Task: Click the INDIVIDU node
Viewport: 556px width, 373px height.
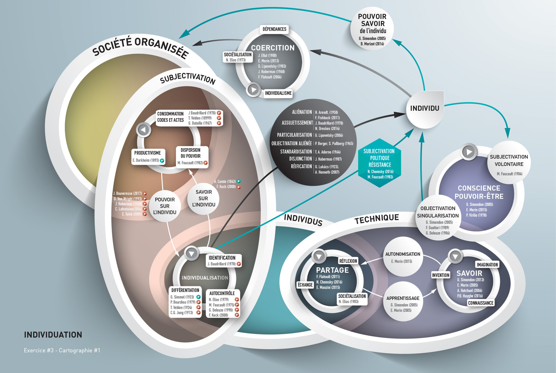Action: [x=425, y=109]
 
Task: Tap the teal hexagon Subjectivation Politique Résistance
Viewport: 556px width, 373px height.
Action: [x=380, y=163]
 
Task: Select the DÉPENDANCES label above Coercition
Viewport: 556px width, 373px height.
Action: [x=274, y=29]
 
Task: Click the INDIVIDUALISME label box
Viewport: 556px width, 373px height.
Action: [x=278, y=93]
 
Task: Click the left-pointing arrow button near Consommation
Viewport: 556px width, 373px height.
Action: [x=144, y=130]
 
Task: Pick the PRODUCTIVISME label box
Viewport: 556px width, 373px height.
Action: [x=148, y=153]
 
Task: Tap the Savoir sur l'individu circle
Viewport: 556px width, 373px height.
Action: [x=203, y=198]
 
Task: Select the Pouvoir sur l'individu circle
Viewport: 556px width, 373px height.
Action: [x=165, y=206]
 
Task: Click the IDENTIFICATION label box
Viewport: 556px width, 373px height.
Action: [x=222, y=258]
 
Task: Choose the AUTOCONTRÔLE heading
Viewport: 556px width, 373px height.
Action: [x=222, y=293]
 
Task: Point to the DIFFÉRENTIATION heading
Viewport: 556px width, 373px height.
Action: [x=185, y=290]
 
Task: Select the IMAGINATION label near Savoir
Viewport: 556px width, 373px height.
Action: [x=487, y=265]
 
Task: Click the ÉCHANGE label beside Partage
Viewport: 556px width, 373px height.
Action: [x=305, y=285]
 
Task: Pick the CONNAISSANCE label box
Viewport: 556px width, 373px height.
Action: [x=481, y=303]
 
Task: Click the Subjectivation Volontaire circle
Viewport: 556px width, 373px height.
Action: [x=509, y=163]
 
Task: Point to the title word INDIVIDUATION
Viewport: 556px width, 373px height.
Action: [x=53, y=335]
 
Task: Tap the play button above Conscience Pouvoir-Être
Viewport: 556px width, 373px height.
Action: [x=469, y=152]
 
